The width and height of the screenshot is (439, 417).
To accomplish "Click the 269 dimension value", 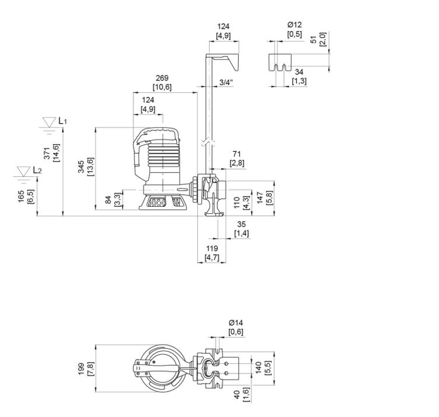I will [x=162, y=78].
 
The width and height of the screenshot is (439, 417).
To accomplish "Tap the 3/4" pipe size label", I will [x=226, y=83].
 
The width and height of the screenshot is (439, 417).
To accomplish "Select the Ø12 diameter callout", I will [x=294, y=25].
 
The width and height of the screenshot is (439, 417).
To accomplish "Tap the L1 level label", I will [x=63, y=121].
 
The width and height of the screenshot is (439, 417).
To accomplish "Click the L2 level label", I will [x=38, y=170].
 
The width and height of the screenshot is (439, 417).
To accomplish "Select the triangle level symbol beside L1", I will [x=48, y=123].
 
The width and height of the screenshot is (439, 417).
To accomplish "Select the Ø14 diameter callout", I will [x=236, y=322].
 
